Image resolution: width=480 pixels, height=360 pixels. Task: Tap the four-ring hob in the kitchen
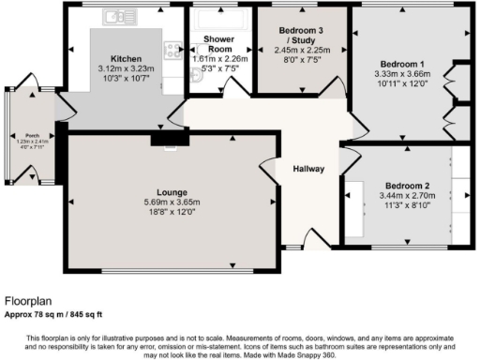click(x=172, y=51)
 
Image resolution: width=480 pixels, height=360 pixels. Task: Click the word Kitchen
click(x=126, y=58)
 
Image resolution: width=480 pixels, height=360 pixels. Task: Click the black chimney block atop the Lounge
click(x=168, y=140)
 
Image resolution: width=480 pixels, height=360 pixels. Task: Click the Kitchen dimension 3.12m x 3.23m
click(x=126, y=68)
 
